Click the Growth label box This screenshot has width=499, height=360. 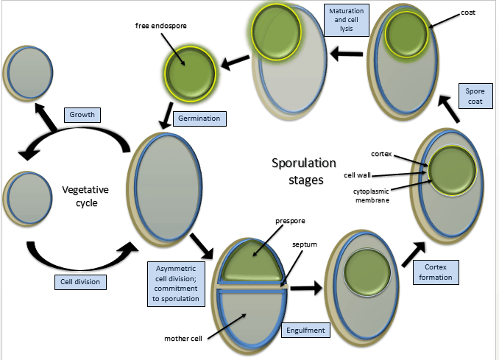point(82,115)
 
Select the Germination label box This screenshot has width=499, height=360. point(199,119)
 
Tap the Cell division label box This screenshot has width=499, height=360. point(80,282)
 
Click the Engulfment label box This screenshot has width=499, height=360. point(305,331)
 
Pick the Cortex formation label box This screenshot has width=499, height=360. point(436,272)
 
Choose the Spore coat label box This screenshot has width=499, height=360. point(475,96)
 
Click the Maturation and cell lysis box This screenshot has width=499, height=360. point(347,20)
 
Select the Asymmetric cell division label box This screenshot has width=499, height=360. point(176,284)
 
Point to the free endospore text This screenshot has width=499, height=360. point(161,26)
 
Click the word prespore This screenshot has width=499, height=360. point(290,221)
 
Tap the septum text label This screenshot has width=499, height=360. point(305,244)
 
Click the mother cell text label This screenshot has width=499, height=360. point(183,339)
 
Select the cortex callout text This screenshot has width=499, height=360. point(381,154)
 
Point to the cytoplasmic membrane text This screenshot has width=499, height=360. point(372,196)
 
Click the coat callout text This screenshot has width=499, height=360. point(468,13)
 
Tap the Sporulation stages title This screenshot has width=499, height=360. point(304,172)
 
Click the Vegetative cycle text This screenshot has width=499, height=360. point(85,196)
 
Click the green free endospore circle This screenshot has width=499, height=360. point(191,75)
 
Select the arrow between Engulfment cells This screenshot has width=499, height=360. point(306,288)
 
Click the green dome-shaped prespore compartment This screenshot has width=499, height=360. point(252,261)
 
